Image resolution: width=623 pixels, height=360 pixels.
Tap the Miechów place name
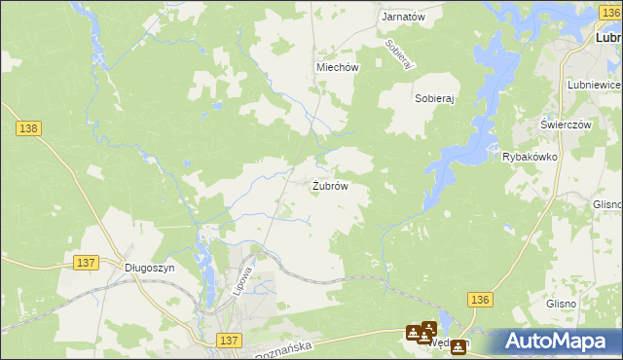coord(338,67)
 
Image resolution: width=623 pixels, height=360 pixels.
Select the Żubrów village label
coord(330,186)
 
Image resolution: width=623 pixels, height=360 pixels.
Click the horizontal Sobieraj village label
coord(435,99)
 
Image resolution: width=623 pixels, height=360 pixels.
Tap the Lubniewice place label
coord(593,86)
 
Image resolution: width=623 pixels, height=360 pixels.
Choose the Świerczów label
coord(567,125)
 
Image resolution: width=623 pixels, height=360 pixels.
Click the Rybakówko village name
coord(529,157)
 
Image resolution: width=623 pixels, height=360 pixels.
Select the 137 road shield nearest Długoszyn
coord(86,263)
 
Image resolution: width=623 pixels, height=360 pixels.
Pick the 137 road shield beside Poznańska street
coord(229,340)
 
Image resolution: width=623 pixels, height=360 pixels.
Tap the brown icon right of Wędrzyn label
coord(458,346)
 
